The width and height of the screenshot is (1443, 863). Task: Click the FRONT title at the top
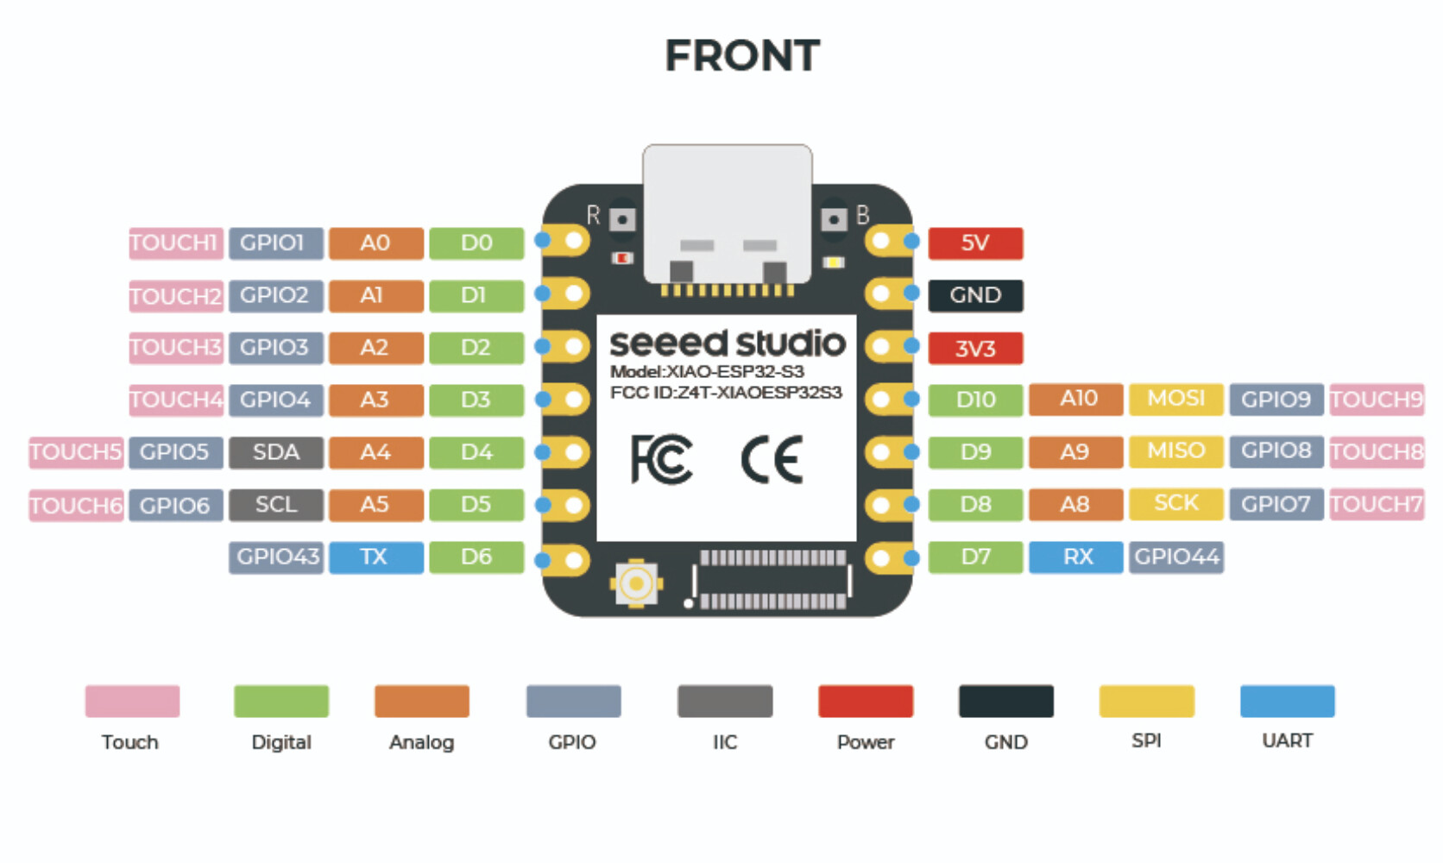[742, 56]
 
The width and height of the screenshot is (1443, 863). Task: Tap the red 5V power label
[975, 243]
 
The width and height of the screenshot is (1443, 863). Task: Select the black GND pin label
[975, 295]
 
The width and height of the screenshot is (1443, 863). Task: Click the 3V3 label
[975, 349]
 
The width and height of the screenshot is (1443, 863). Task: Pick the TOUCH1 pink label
[175, 243]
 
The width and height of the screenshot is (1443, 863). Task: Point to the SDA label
[275, 452]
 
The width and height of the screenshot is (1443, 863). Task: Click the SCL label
[275, 505]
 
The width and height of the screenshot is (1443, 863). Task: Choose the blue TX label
[375, 557]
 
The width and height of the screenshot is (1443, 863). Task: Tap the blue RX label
[1076, 557]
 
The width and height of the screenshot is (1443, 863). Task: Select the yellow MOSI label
[1175, 399]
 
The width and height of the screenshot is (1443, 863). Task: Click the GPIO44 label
[1176, 557]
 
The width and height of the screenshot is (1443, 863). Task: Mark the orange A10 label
[1076, 399]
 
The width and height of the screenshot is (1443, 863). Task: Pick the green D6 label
[476, 557]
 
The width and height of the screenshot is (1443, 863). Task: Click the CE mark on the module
[772, 460]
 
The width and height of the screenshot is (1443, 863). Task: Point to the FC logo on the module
[661, 459]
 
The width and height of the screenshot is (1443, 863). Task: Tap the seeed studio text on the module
[727, 343]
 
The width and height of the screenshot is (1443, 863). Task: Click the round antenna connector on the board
[636, 584]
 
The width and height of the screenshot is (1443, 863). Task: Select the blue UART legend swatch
[1287, 701]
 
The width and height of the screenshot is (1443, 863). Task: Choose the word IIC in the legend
[725, 742]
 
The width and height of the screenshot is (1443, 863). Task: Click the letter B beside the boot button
[862, 215]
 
